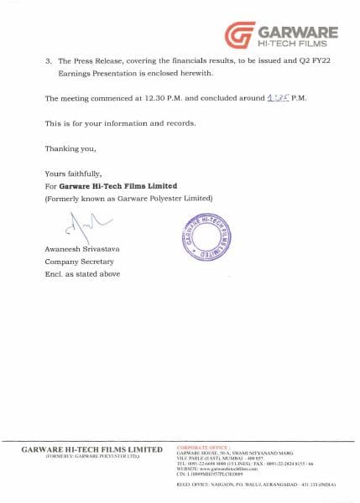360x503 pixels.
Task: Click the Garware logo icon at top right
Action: (240, 35)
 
